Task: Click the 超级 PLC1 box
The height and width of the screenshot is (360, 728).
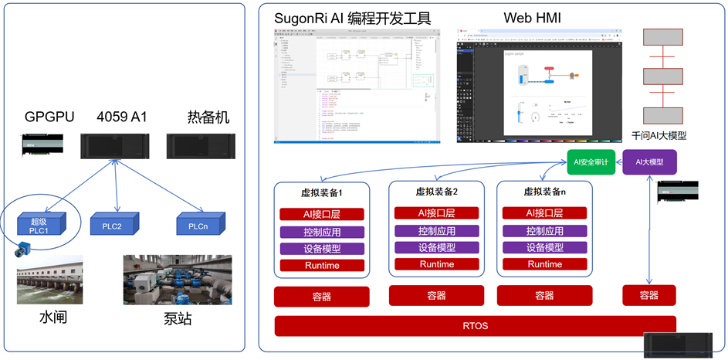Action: pos(41,226)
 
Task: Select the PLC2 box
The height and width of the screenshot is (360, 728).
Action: pos(116,226)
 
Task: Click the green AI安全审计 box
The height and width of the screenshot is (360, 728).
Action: pos(591,163)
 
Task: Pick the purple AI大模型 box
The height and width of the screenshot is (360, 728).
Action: pos(649,162)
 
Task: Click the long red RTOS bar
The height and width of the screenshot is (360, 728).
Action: pos(475,325)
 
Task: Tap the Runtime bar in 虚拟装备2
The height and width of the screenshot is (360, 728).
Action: pos(436,264)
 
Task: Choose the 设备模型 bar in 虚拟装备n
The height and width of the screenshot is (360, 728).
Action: pos(544,247)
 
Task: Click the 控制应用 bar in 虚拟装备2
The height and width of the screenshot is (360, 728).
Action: pos(436,231)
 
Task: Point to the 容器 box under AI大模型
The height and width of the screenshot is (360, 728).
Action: pos(649,295)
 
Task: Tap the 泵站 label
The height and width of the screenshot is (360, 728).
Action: pos(177,319)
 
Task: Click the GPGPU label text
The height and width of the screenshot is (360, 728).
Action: pos(49,117)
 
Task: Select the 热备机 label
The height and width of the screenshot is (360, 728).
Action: pos(208,117)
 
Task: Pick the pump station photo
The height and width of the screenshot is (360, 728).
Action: pos(178,279)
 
